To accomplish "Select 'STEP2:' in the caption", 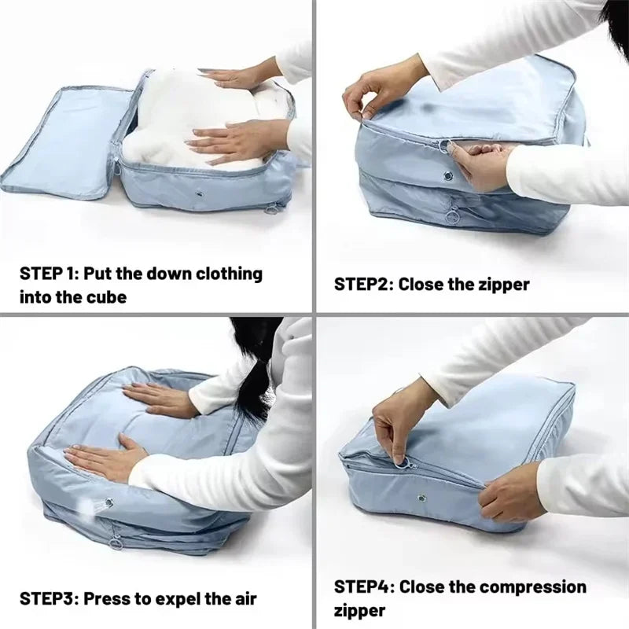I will click(363, 285).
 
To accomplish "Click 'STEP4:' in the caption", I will click(363, 587).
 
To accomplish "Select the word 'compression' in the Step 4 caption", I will click(534, 587).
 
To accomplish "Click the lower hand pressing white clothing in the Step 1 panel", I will click(228, 142).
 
